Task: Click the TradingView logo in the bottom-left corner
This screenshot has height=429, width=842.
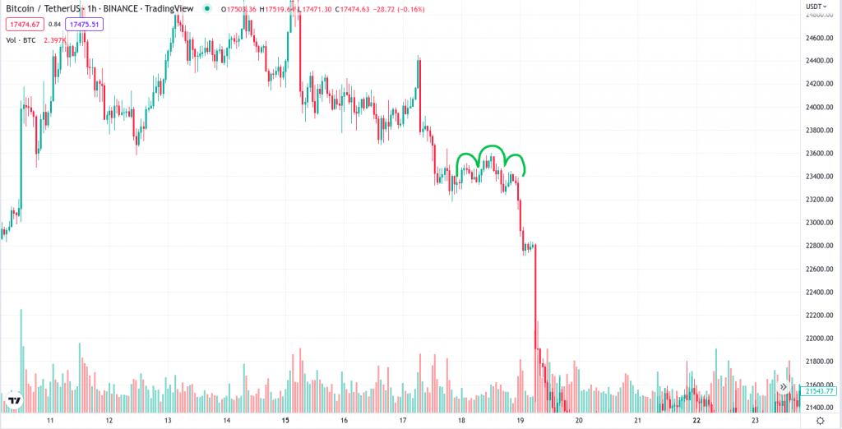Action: tap(14, 401)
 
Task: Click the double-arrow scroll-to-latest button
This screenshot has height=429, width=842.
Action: tap(784, 386)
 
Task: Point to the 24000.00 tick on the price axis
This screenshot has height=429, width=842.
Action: tap(820, 107)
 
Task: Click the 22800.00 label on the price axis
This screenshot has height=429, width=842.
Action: tap(820, 246)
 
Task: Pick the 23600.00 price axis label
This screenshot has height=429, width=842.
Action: tap(820, 153)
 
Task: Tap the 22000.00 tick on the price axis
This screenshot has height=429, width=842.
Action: tap(820, 339)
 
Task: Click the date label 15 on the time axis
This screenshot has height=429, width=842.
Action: tap(285, 420)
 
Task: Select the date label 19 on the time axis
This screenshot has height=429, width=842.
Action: tap(520, 420)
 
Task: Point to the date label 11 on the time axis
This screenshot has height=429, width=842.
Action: tap(50, 420)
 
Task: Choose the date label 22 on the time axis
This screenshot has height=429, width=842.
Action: tap(696, 420)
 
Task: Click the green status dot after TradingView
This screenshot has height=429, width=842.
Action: tap(206, 9)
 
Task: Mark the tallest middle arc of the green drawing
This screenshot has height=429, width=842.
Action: tap(492, 147)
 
